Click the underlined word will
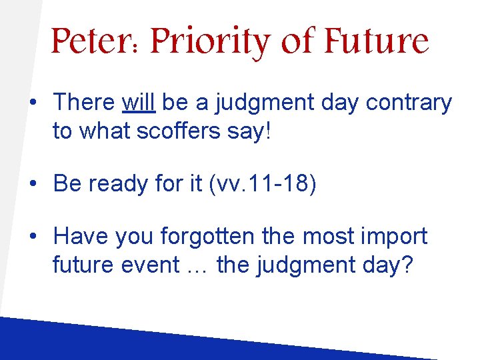[x=139, y=103]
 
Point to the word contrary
[x=413, y=103]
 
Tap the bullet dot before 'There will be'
[x=32, y=103]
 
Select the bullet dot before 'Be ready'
[x=32, y=183]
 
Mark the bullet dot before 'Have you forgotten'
[x=32, y=236]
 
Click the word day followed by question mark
[x=391, y=265]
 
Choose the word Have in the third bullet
[x=81, y=236]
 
